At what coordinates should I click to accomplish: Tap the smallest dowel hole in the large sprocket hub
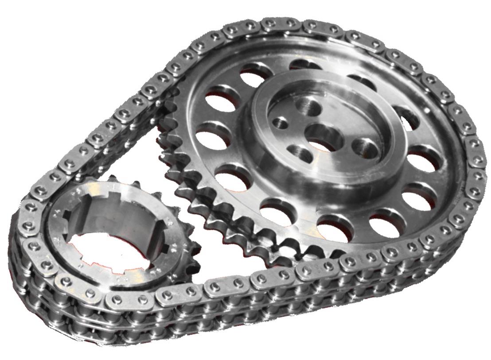pos(279,122)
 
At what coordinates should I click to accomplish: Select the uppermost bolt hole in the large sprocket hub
pos(309,106)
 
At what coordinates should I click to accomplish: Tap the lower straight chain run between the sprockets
pos(248,283)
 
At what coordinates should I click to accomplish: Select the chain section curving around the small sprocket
pos(27,248)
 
